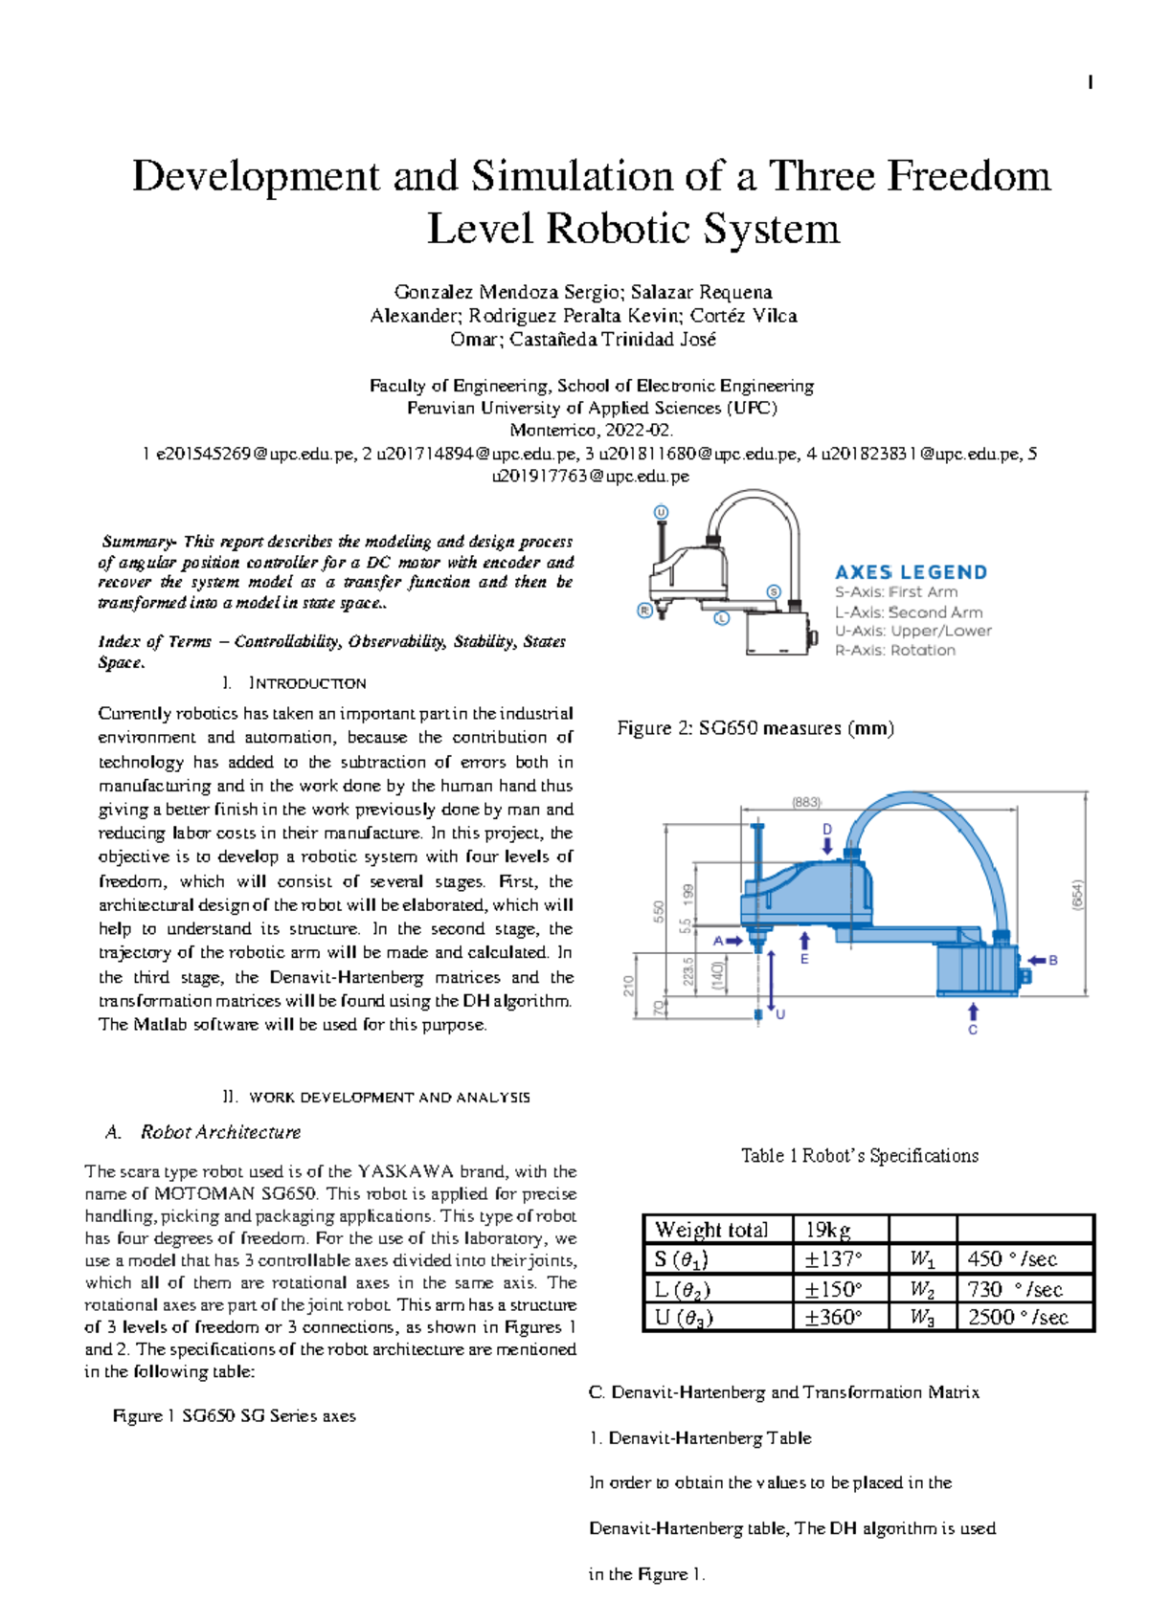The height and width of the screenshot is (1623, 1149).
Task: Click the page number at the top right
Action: pos(1091,83)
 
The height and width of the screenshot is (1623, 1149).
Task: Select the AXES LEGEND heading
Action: pos(911,572)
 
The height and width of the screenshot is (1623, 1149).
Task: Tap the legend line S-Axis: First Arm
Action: pos(895,592)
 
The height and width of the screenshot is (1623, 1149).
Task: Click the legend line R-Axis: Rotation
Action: pos(894,651)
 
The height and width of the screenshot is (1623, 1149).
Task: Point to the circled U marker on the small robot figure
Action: pos(661,512)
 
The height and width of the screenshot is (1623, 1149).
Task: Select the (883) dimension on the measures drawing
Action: pos(806,803)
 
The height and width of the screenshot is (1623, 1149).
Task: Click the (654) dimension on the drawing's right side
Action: pos(1077,895)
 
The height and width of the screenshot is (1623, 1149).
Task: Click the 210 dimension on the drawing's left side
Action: pos(629,986)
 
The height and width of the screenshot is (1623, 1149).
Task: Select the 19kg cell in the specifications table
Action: pos(827,1230)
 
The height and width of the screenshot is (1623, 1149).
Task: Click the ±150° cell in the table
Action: pos(833,1289)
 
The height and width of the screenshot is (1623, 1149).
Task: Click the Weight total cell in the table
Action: pos(711,1230)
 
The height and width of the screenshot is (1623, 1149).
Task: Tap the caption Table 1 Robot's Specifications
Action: pos(859,1156)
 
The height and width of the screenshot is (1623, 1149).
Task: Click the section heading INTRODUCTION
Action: pos(306,683)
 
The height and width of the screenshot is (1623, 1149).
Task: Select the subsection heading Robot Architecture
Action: pos(220,1132)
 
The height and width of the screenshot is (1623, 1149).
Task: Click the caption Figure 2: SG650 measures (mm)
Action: pos(755,728)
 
